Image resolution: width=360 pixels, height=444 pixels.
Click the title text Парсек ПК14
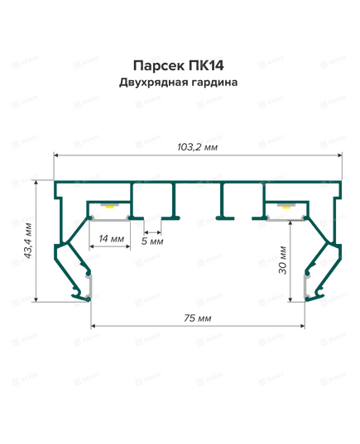point(178,65)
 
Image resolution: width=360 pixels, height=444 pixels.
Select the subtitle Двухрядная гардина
point(178,83)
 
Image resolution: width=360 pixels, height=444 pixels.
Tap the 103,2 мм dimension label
point(197,147)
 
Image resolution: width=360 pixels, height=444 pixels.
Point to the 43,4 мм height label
point(28,241)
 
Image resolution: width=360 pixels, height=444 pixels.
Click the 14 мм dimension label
point(112,239)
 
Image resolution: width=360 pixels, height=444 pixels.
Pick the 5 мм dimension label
point(152,241)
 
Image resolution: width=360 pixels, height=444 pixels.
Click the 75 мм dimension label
point(197,318)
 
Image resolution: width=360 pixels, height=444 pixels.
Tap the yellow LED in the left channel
point(109,207)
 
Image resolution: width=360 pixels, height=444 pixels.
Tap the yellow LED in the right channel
point(286,207)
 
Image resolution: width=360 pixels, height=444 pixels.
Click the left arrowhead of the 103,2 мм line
point(56,155)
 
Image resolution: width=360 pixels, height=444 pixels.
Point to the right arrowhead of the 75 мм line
point(302,326)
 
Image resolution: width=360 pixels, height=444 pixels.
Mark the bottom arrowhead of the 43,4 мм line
point(36,299)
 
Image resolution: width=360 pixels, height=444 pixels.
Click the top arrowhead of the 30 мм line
point(290,223)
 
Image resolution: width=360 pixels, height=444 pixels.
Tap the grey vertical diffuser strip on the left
point(89,286)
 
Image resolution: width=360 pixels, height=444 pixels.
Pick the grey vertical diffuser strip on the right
point(306,286)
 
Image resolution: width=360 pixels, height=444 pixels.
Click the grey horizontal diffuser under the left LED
point(110,219)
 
